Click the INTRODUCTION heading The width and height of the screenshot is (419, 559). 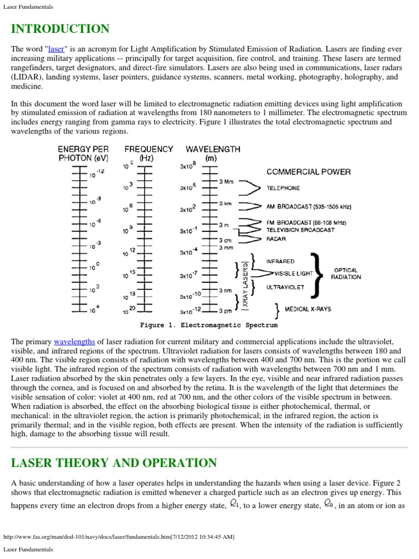point(60,29)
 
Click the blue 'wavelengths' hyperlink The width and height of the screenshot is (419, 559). point(74,342)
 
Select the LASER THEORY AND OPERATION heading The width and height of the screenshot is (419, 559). point(113,463)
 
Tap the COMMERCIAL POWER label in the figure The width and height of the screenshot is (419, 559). point(308,171)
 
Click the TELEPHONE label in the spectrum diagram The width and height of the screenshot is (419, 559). point(283,188)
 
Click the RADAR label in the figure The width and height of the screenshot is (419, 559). point(276,239)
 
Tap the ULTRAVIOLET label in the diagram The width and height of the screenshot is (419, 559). point(284,286)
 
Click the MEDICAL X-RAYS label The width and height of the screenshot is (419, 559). point(308,309)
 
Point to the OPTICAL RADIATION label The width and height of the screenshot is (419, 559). point(345,273)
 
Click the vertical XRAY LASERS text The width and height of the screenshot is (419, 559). point(245,286)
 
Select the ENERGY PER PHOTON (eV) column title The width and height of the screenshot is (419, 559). point(83,153)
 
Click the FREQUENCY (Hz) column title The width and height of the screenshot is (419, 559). point(148,153)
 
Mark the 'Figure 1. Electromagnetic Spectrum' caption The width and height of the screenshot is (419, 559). point(208,325)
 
